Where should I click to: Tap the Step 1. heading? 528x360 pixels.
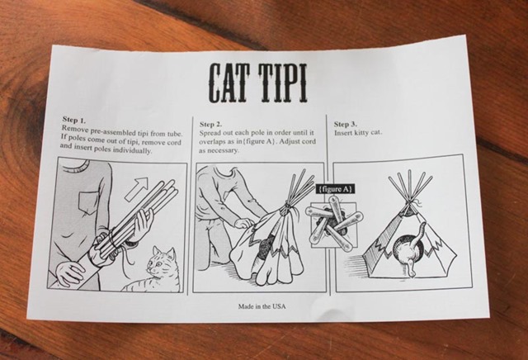pos(74,120)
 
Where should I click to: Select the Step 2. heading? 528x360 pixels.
pos(211,125)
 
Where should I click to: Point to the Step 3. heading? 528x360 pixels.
pos(346,124)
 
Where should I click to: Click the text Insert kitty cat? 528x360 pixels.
pos(358,133)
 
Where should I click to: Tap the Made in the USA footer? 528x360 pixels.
pos(262,306)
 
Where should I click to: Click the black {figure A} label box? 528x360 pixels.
pos(335,189)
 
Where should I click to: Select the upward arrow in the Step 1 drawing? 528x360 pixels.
pos(137,189)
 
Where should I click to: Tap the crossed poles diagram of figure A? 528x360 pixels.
pos(333,224)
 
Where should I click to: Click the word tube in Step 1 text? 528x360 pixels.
pos(175,135)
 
